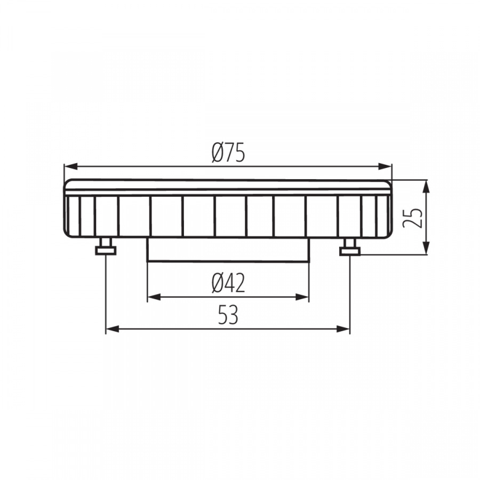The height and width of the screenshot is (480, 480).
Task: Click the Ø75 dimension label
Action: [x=228, y=153]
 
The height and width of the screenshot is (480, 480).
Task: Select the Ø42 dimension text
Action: [x=228, y=283]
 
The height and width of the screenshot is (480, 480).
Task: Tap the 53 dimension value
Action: [x=228, y=315]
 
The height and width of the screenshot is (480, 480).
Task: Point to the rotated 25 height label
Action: [x=412, y=218]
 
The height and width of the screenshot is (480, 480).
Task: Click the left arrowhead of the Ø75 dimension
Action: [x=70, y=166]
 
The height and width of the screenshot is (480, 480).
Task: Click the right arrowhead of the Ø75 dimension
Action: [x=385, y=166]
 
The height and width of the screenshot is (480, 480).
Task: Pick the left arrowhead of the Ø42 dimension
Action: [x=154, y=297]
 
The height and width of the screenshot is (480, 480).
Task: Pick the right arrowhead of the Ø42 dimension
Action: [x=302, y=297]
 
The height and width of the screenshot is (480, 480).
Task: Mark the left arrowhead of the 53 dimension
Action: [x=112, y=329]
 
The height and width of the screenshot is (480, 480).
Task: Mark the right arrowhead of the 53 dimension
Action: [x=343, y=329]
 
